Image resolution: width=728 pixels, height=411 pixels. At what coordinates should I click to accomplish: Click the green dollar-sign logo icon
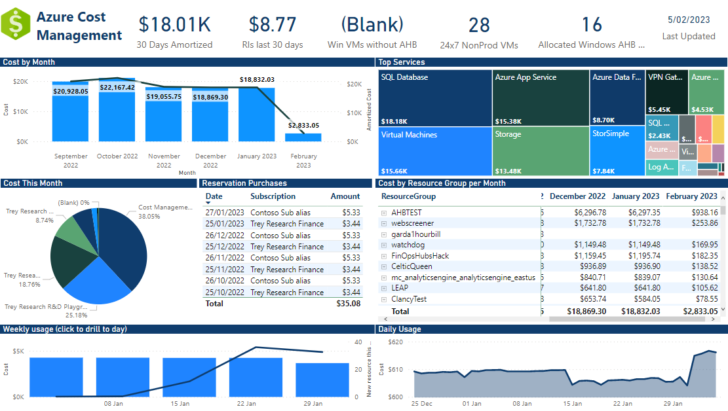16,26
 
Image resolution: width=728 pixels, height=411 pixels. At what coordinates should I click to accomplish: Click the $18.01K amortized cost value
174,24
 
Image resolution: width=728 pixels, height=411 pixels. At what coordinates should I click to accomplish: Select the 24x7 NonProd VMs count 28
479,25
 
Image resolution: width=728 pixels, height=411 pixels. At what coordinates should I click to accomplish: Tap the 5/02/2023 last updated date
688,20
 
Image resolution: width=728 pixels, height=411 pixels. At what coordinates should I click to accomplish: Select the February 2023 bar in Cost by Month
303,137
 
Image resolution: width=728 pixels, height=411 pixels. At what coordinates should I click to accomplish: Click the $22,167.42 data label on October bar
117,87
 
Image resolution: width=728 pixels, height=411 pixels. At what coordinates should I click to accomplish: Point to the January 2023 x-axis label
256,156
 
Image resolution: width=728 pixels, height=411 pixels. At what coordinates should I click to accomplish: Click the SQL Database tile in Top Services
435,98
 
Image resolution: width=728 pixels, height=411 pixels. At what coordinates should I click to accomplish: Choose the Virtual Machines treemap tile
435,151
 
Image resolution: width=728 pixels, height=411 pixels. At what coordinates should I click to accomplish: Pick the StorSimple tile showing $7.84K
616,151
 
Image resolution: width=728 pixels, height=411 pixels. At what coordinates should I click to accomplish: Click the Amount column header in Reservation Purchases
345,196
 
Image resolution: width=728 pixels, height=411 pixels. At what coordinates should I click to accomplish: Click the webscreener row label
412,223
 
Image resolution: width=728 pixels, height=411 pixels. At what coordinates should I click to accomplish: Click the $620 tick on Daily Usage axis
396,342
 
